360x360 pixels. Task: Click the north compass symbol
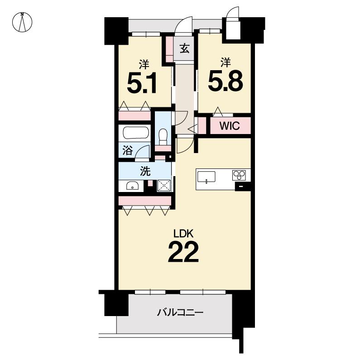22,22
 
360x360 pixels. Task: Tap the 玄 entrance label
185,49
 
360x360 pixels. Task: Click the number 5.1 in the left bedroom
142,83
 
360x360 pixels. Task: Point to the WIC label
230,126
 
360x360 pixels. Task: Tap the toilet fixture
163,135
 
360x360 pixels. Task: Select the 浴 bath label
127,150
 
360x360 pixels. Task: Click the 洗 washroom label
145,171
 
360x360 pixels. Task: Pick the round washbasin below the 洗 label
132,186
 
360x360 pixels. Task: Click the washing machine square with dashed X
164,186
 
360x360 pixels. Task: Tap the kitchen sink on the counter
206,177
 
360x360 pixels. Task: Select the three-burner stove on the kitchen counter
239,175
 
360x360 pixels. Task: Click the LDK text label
183,234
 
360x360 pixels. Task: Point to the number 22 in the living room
183,252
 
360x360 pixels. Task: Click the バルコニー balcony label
180,312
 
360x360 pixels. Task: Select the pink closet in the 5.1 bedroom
134,115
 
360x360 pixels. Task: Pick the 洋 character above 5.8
226,62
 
